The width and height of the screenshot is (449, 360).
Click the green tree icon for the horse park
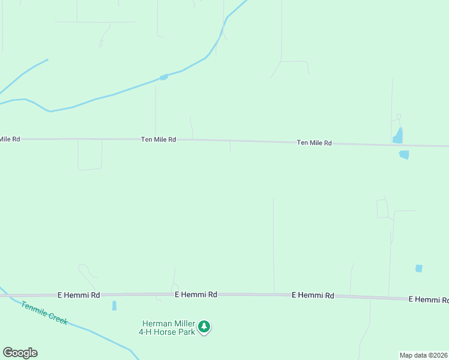tap(205, 326)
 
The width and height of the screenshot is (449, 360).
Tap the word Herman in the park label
tap(155, 323)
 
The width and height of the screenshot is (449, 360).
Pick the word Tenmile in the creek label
tap(34, 309)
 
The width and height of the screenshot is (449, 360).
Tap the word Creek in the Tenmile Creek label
tap(58, 319)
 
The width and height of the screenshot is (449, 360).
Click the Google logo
tap(20, 353)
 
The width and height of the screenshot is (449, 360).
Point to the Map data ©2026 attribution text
tap(424, 355)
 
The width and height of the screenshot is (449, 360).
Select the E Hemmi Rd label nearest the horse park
tap(196, 295)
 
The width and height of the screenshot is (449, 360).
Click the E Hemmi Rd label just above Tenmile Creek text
tap(79, 295)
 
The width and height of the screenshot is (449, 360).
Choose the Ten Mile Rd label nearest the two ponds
tap(314, 143)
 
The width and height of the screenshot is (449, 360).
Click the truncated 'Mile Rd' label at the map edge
tap(10, 139)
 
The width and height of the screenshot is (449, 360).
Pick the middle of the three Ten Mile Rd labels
tap(158, 139)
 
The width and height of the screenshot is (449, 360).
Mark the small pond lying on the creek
tap(163, 77)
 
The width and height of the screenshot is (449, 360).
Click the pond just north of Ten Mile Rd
tap(398, 136)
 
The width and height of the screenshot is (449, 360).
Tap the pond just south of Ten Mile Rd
tap(404, 155)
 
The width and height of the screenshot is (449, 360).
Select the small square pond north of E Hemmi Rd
tap(418, 268)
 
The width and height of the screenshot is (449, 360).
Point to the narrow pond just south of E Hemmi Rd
tap(114, 305)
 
